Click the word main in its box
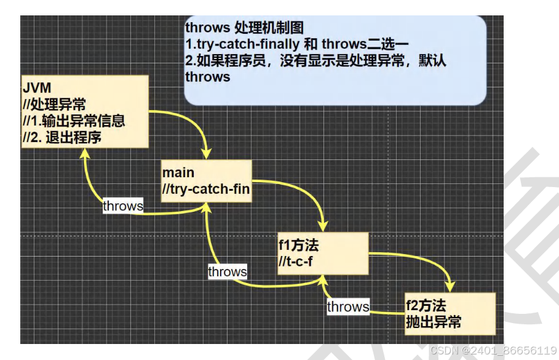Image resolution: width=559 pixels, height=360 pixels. (x=178, y=172)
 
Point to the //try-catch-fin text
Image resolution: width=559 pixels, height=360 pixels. (x=206, y=189)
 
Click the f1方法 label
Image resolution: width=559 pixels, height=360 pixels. (x=299, y=246)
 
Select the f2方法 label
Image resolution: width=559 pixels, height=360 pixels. (x=426, y=305)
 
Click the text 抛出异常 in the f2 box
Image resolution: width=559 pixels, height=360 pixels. (x=433, y=321)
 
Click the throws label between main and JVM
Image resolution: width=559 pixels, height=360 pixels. (x=122, y=206)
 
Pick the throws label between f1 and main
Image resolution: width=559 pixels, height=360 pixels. (x=227, y=271)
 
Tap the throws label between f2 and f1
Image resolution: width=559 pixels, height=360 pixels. (x=347, y=306)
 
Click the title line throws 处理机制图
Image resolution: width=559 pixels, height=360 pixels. (x=244, y=28)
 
